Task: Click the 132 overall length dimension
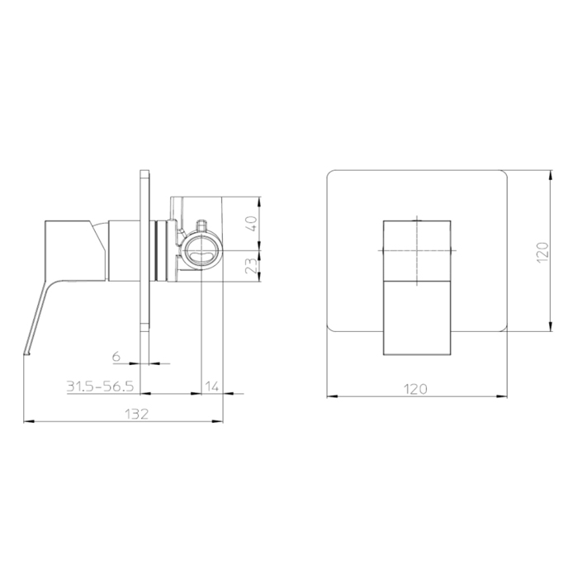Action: [x=136, y=414]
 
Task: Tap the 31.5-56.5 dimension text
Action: [x=100, y=386]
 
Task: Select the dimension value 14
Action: [x=212, y=386]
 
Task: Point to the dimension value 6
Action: [x=116, y=356]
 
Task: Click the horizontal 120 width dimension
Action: [x=415, y=389]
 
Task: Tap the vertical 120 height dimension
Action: [x=542, y=252]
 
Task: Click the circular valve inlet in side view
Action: [x=202, y=251]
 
